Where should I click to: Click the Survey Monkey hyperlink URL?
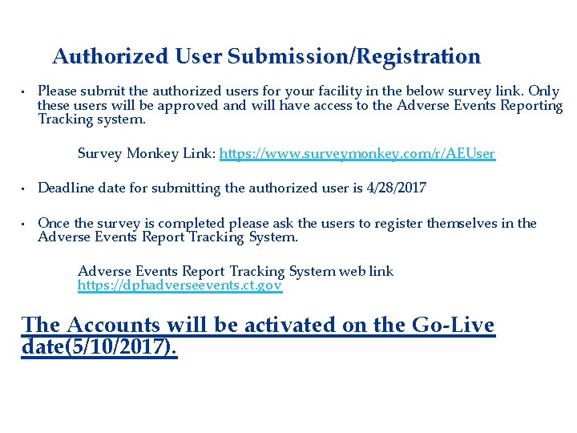[x=357, y=153]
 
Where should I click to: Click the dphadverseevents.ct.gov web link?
[x=180, y=285]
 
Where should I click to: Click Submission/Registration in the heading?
[x=353, y=57]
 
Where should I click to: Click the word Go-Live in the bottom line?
[x=452, y=326]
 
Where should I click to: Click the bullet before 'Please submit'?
[x=25, y=91]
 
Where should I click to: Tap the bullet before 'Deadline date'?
[x=25, y=188]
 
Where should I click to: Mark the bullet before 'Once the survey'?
[x=25, y=224]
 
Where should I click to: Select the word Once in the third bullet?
[x=54, y=223]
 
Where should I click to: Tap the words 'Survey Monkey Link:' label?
[x=146, y=153]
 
